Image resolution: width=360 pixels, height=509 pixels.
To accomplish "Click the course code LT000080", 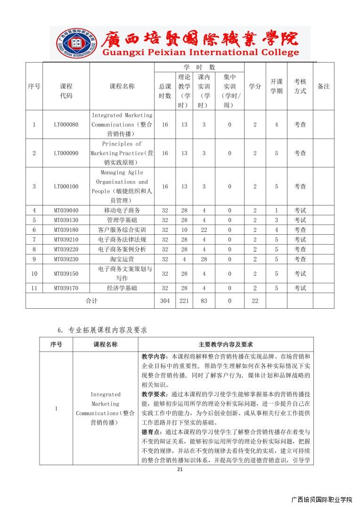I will click(x=66, y=125).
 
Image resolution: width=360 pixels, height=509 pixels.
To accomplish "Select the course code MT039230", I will click(x=66, y=259).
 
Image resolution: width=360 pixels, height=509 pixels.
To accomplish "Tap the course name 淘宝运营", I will click(x=122, y=259).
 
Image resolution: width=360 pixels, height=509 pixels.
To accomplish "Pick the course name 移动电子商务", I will click(x=122, y=210).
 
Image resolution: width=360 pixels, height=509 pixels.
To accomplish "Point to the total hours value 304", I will click(x=165, y=301).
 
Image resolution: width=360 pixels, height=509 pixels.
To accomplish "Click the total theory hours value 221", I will click(x=184, y=301).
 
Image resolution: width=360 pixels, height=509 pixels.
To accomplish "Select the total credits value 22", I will click(x=255, y=301).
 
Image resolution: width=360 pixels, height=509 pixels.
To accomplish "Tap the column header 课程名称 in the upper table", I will click(x=122, y=86).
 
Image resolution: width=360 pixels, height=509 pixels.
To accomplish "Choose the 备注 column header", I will click(x=324, y=86).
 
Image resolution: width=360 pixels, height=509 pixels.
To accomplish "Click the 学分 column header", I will click(x=255, y=86).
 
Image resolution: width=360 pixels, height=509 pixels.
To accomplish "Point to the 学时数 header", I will click(x=199, y=67).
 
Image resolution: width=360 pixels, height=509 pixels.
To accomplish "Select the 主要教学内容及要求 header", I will click(x=226, y=345).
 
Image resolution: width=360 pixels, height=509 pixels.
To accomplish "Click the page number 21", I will click(x=180, y=469).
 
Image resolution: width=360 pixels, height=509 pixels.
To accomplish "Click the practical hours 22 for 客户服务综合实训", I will click(x=204, y=230).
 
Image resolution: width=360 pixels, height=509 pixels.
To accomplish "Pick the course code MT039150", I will click(x=66, y=273).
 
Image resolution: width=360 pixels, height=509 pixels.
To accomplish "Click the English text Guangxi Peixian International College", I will click(x=200, y=53).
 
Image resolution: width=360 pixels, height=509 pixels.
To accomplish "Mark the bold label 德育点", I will click(x=151, y=432).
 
